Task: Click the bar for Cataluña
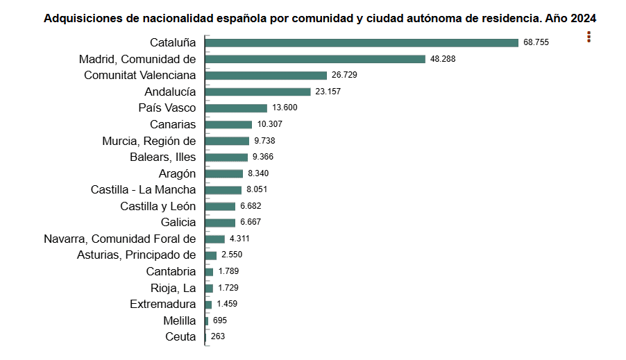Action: [362, 43]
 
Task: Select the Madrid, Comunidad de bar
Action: [315, 59]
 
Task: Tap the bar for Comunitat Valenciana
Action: [266, 75]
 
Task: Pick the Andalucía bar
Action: [257, 92]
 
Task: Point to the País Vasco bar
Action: [236, 108]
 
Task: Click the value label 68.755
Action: [536, 43]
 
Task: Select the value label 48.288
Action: [443, 59]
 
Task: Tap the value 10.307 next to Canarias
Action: [269, 124]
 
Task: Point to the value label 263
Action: [218, 337]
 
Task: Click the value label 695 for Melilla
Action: [219, 320]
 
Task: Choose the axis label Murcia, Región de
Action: [149, 141]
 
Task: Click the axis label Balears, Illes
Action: [162, 157]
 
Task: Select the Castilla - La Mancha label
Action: [143, 189]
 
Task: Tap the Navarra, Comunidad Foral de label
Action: [119, 239]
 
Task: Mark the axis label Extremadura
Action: [162, 304]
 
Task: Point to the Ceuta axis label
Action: [180, 337]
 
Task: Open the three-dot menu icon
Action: [589, 37]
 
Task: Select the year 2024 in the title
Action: [583, 18]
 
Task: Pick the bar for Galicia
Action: [220, 223]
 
